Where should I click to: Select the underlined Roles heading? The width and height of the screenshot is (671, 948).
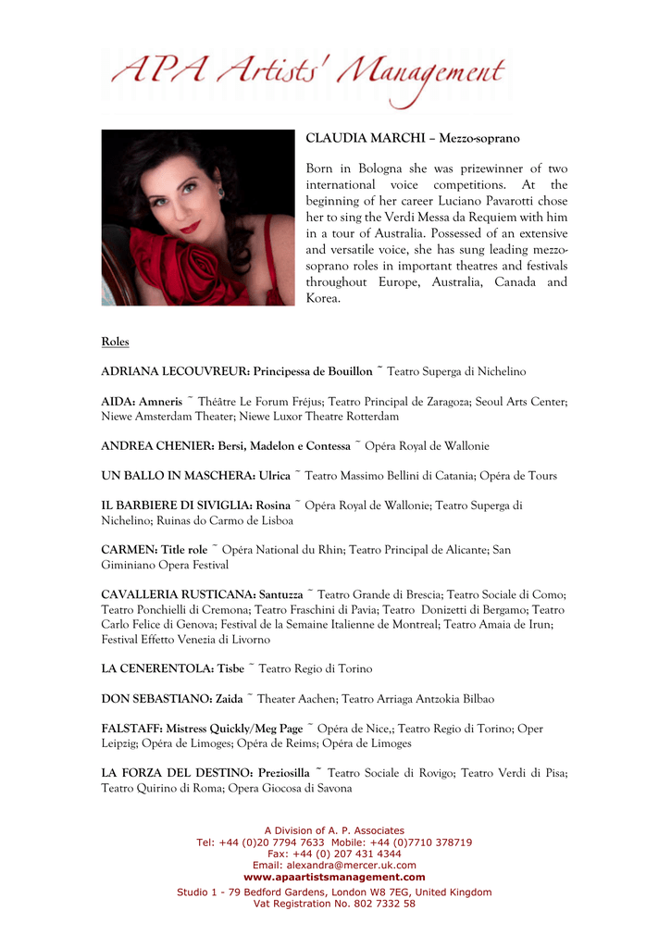point(115,343)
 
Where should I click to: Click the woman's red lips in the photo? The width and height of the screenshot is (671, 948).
point(191,225)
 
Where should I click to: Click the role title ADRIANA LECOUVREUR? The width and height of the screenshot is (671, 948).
point(174,372)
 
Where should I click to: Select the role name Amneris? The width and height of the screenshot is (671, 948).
point(161,402)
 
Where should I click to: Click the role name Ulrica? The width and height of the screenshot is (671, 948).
point(274,476)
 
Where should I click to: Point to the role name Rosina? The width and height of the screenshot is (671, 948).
point(271,505)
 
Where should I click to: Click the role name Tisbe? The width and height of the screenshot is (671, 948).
point(230,668)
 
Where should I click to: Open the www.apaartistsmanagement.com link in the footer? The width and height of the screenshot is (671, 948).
point(334,877)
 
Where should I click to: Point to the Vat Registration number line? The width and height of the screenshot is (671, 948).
point(334,904)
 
